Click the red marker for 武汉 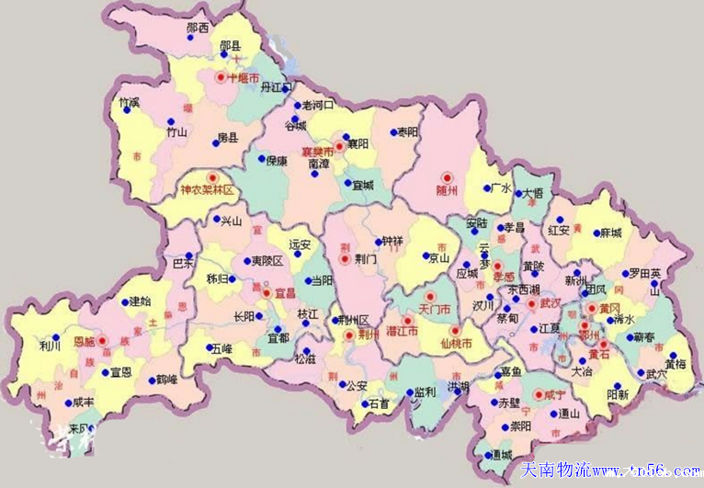[x=531, y=302]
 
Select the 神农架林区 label [x=209, y=191]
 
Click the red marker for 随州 [x=448, y=177]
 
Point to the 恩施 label [x=85, y=340]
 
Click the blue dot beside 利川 [x=57, y=336]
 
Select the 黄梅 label [x=676, y=364]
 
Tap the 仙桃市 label [x=457, y=344]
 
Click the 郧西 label [x=197, y=28]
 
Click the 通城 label [x=503, y=455]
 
